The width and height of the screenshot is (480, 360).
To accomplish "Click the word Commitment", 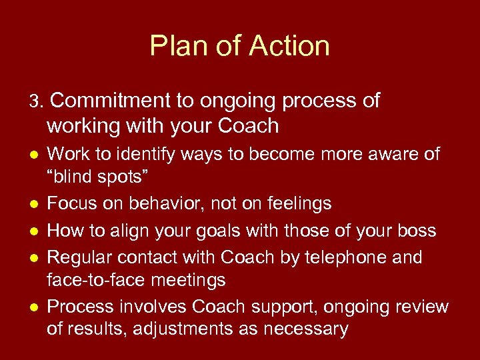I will point(110,101).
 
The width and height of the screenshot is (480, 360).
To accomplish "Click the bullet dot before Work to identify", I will point(33,155).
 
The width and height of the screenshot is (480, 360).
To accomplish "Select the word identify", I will point(149,155).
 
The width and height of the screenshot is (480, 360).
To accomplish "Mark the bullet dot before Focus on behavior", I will point(33,203).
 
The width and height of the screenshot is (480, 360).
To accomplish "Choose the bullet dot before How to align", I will point(33,231).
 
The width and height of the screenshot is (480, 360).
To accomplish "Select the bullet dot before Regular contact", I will point(33,257).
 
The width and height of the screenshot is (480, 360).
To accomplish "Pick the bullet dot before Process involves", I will point(33,307).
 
